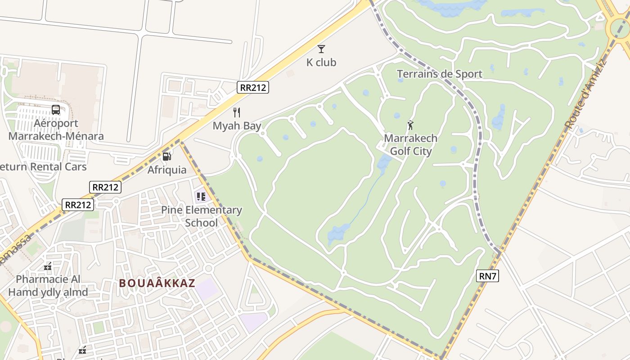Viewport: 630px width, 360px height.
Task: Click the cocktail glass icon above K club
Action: pos(321,49)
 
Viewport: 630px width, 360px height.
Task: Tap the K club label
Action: pos(321,63)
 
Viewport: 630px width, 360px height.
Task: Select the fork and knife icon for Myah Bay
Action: pos(237,112)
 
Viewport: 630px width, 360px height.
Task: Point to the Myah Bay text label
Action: pos(237,126)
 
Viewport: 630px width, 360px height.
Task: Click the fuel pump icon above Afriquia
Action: pos(167,157)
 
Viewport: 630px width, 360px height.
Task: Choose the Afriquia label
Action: pos(167,170)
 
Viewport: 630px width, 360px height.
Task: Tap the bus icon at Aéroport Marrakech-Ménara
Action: pos(56,110)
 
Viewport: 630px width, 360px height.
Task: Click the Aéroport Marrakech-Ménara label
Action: pos(56,130)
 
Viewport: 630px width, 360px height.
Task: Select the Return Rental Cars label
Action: pos(43,167)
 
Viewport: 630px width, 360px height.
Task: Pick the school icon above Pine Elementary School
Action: pos(201,197)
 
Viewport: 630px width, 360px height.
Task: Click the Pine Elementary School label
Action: pos(202,216)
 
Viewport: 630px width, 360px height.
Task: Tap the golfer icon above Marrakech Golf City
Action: pos(410,125)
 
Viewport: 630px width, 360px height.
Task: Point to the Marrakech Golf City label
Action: pos(410,145)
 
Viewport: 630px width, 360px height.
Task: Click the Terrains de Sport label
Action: pos(439,74)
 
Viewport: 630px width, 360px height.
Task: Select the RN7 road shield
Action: pos(487,276)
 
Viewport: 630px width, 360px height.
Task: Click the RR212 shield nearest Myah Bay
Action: pos(253,87)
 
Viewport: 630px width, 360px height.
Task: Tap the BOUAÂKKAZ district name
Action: pos(157,283)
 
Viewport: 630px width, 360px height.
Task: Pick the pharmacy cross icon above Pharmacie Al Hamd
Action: pos(48,266)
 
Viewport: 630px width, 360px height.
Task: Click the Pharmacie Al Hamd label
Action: pos(48,286)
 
